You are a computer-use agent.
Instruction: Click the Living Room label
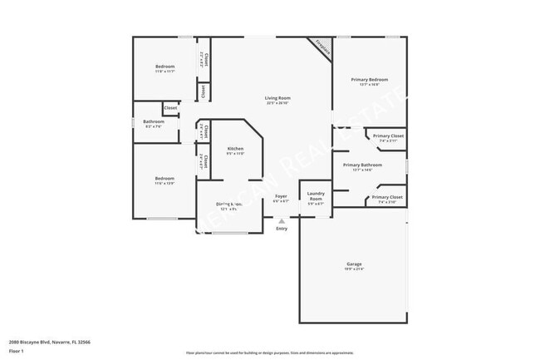tap(277, 98)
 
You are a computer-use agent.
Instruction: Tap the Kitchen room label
tap(235, 148)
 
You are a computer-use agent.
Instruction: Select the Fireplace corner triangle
tap(321, 47)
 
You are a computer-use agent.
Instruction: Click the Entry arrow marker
tap(282, 221)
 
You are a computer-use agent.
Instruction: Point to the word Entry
tap(282, 229)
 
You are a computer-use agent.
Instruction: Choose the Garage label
tap(355, 264)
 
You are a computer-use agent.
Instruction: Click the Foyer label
tap(282, 196)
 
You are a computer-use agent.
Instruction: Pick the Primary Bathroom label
tap(362, 165)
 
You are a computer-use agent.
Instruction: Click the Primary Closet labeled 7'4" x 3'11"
tap(388, 136)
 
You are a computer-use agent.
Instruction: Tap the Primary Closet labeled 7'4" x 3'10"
tap(387, 197)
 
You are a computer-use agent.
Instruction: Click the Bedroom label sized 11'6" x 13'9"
tap(164, 178)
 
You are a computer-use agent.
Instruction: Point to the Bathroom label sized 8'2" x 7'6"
tap(154, 121)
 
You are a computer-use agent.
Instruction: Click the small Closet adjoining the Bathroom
tap(170, 108)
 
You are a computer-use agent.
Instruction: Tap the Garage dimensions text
tap(355, 269)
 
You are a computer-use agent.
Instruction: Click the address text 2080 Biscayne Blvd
tap(49, 341)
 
